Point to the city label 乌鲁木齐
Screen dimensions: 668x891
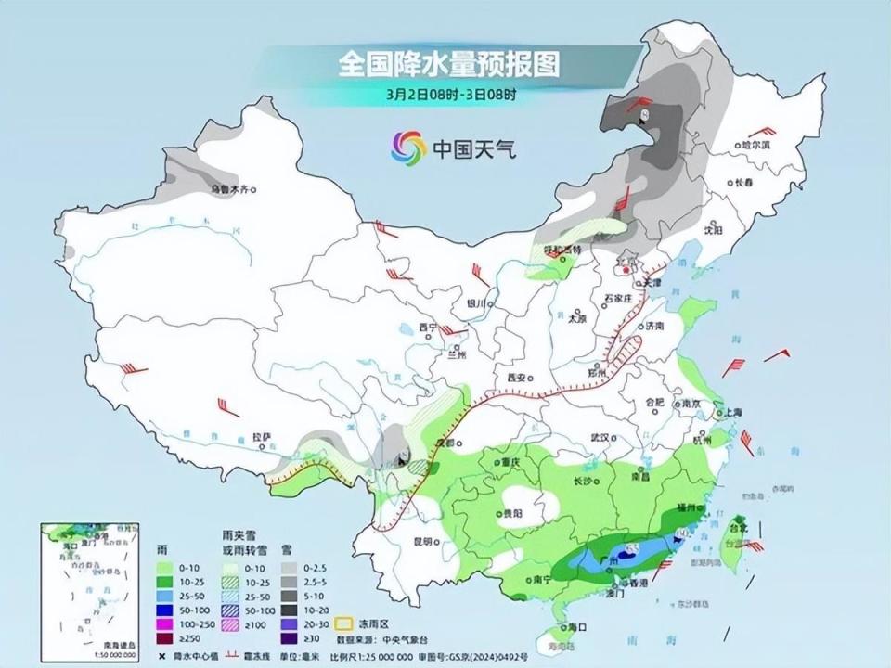(x=229, y=189)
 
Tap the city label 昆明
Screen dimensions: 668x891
(x=423, y=541)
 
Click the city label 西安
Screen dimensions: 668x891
(x=517, y=379)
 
